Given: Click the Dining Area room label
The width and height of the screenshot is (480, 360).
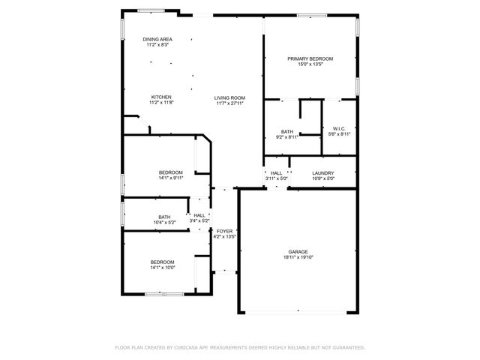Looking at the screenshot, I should click(x=157, y=39).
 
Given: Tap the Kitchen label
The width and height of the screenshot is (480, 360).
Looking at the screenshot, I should click(x=162, y=97).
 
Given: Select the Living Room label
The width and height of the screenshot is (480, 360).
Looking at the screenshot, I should click(x=230, y=97).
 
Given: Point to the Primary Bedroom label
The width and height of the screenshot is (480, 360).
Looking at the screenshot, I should click(x=310, y=58).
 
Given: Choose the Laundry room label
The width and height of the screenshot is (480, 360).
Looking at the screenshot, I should click(x=323, y=172).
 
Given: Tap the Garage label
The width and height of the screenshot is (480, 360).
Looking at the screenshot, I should click(x=298, y=251).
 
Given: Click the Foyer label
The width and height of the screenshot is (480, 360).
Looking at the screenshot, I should click(x=225, y=231).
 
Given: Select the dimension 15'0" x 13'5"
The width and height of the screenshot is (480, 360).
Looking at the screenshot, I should click(x=310, y=64).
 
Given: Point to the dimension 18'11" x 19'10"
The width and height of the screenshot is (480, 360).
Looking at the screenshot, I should click(x=298, y=257).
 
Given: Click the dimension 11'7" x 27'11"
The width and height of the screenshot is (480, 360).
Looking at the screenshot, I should click(x=230, y=103).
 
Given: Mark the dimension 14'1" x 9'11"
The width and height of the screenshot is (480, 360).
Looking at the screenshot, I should click(x=170, y=178).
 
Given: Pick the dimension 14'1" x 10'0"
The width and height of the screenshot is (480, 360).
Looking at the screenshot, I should click(x=163, y=268).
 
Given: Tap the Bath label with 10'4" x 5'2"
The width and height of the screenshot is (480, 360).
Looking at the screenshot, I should click(x=164, y=217).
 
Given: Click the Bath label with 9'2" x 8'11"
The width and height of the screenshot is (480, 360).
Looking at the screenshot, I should click(x=287, y=131).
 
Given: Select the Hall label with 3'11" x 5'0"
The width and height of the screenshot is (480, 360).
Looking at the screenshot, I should click(x=277, y=172).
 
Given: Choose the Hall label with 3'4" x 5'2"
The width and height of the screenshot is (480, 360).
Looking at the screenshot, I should click(x=199, y=215).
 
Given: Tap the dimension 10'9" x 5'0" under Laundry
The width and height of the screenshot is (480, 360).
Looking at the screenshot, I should click(x=323, y=178).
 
